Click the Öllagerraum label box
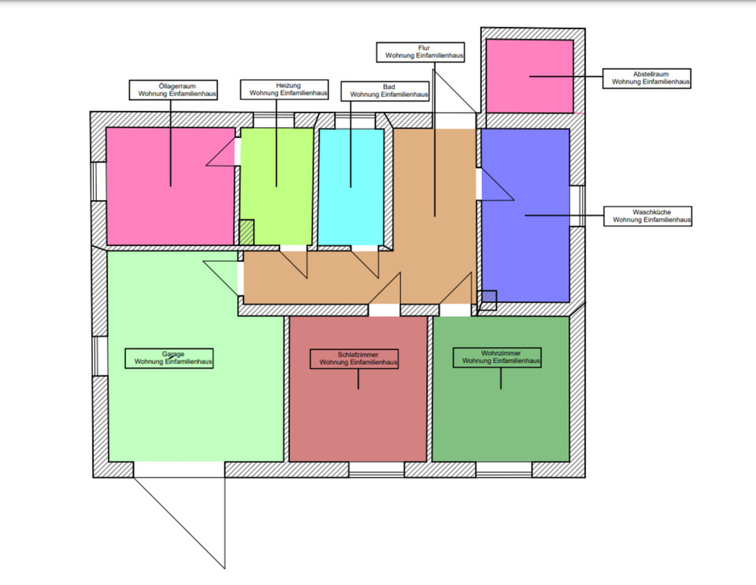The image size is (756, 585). [173, 89]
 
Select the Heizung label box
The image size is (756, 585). [283, 88]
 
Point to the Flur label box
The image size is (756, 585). [421, 52]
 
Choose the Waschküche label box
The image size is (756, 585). [647, 216]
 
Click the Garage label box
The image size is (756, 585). [170, 358]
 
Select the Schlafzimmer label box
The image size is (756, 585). [354, 359]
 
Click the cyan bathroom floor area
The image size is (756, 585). [350, 213]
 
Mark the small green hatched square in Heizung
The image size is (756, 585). [247, 232]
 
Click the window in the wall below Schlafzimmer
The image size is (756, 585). [376, 470]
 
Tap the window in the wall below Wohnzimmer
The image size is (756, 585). [504, 470]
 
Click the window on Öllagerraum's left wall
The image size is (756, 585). [98, 181]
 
